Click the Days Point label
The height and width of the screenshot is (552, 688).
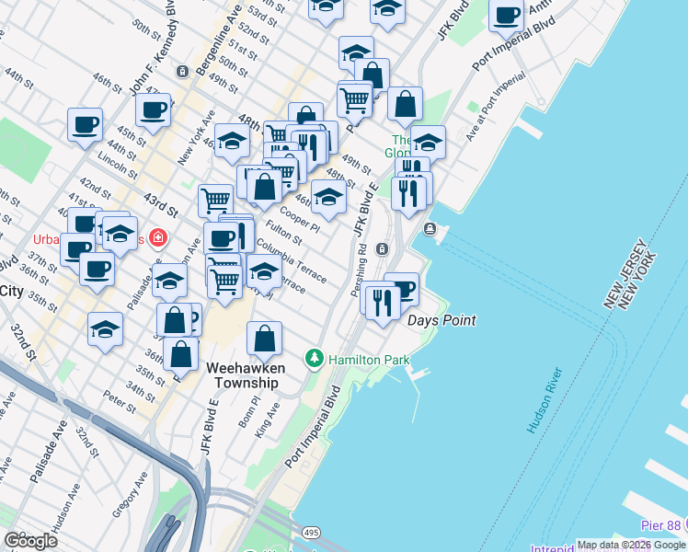441,320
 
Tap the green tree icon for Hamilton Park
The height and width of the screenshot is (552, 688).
315,357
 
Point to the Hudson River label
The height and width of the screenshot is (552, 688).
544,401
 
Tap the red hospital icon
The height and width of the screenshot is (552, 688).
158,238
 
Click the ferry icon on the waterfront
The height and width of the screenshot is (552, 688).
430,228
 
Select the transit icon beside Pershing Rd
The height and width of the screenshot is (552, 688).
382,247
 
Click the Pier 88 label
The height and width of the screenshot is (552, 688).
661,524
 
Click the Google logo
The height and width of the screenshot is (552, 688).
31,540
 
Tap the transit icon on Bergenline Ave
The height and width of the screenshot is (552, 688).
183,71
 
